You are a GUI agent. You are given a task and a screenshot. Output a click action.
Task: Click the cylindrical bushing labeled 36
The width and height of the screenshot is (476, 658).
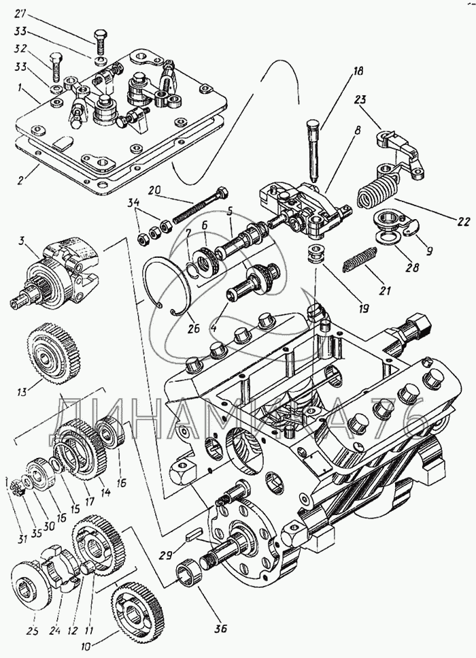(188, 570)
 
